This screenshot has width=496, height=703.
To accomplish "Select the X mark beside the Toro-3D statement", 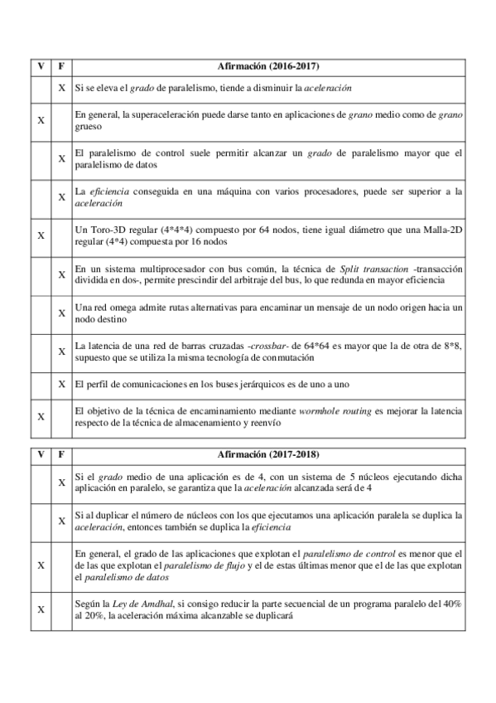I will (41, 235).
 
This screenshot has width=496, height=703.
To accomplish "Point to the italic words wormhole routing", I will (312, 411).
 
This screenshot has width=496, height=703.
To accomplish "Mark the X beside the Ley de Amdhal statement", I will (41, 609).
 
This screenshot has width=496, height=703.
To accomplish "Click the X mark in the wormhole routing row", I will (41, 416).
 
